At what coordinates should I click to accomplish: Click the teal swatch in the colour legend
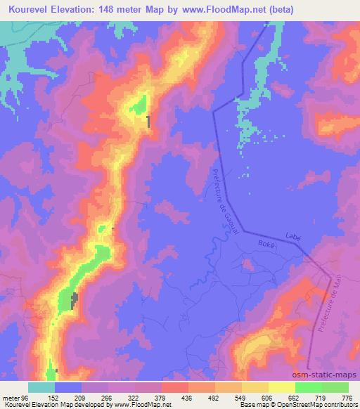(x=41, y=387)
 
